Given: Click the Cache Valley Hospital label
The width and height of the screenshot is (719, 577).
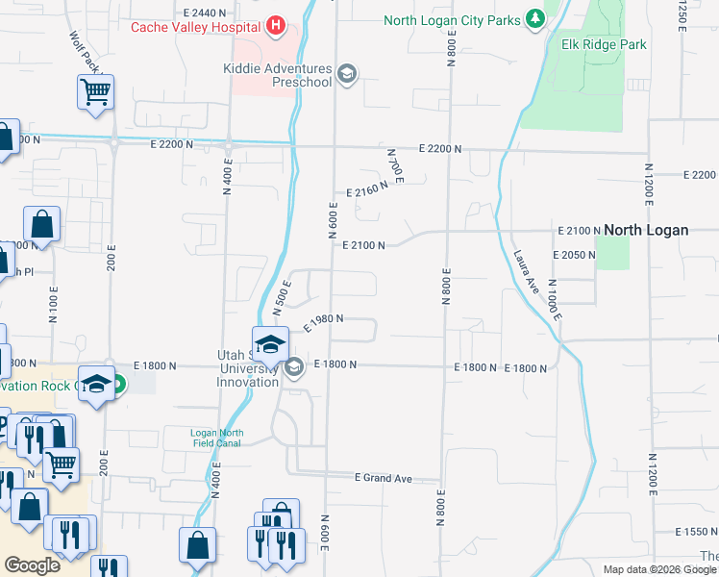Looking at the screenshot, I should click(x=197, y=26).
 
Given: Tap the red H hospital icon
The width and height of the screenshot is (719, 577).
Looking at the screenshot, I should click(x=276, y=25).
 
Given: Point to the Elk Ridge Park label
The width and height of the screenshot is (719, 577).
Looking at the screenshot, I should click(x=604, y=44).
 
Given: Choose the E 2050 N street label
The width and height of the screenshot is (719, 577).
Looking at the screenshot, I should click(x=576, y=254).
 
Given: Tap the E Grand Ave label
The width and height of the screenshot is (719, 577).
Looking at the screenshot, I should click(x=383, y=477).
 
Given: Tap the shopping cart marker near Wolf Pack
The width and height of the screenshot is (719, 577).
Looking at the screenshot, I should click(x=95, y=93).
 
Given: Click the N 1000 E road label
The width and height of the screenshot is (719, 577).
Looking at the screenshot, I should click(x=554, y=299).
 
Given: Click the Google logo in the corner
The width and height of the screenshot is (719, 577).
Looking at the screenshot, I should click(x=32, y=565).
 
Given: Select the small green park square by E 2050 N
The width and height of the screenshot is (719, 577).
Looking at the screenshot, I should click(x=612, y=253).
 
